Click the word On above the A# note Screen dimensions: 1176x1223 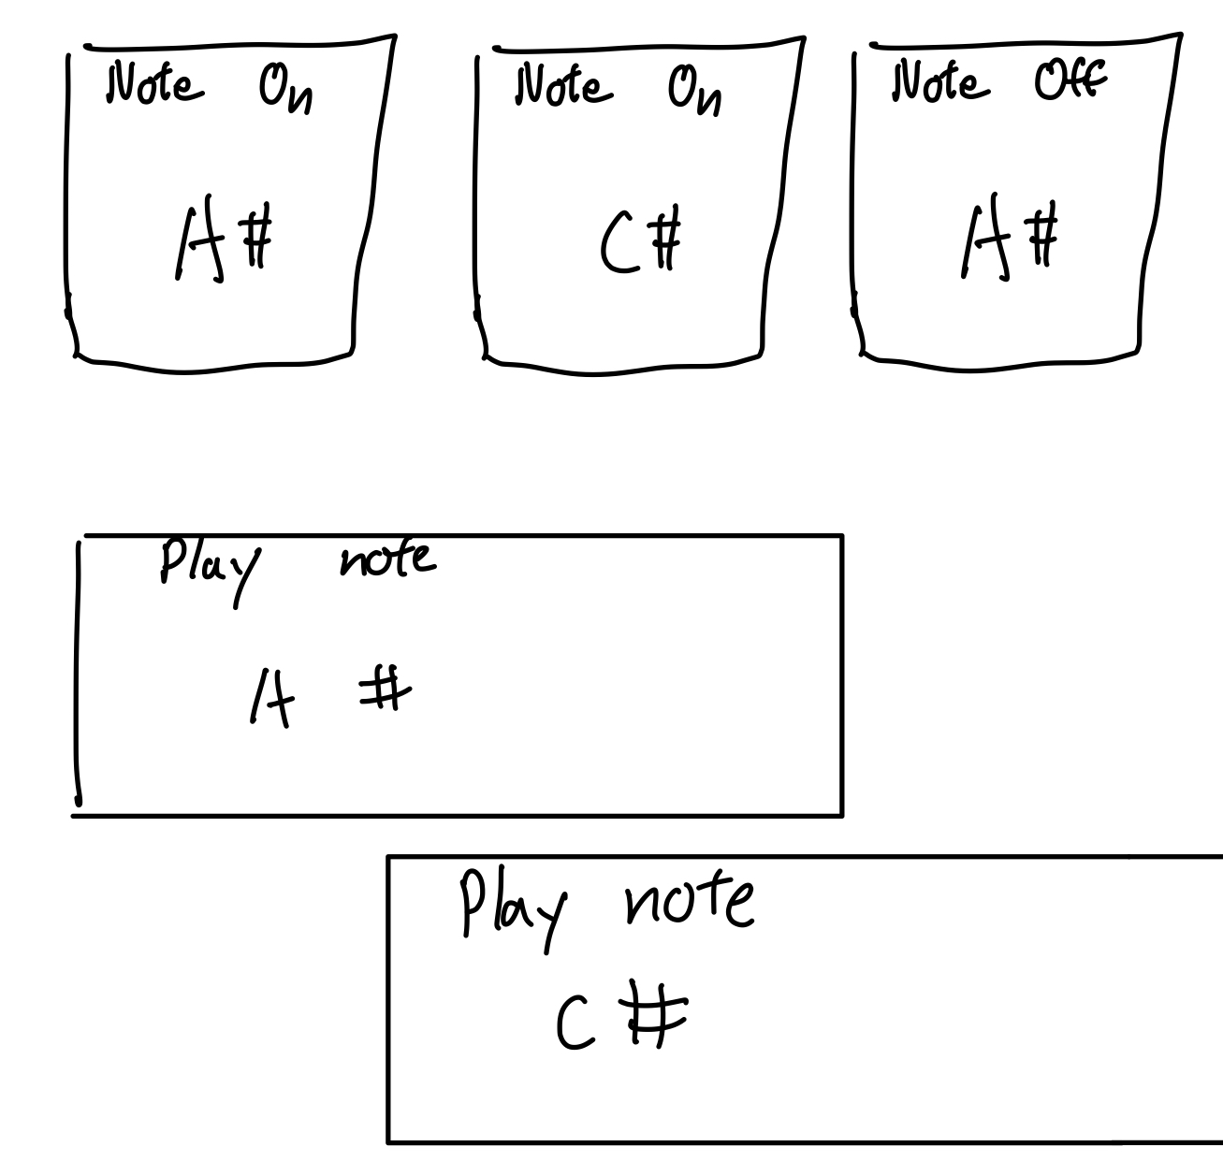285,93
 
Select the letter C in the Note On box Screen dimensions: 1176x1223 615,246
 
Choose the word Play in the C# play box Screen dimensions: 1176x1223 514,905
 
